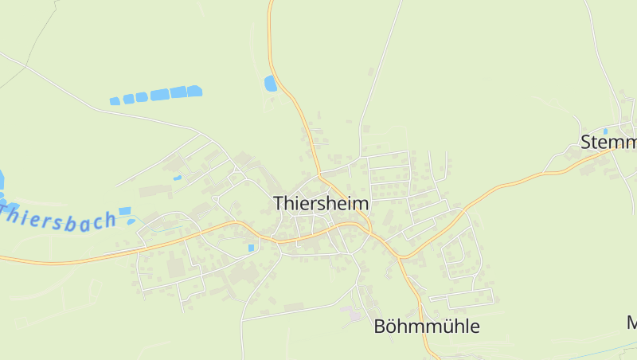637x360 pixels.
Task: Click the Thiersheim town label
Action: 321,203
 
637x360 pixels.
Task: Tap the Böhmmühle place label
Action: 427,327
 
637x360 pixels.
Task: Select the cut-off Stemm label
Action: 609,143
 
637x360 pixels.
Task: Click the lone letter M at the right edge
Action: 632,323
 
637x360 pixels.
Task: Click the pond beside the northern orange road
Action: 271,82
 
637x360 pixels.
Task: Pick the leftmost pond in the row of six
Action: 115,101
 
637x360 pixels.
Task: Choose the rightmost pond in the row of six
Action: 194,91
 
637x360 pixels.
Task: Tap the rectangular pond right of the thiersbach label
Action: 125,211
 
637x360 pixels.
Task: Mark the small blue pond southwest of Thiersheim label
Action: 251,248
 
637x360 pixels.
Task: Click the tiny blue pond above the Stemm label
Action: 605,131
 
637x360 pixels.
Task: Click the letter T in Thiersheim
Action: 279,203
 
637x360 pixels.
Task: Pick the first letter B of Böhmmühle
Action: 380,327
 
